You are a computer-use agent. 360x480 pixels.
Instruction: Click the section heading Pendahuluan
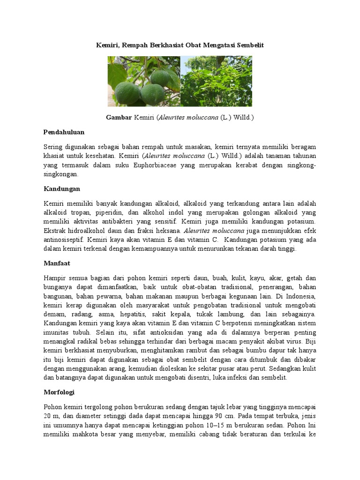64,132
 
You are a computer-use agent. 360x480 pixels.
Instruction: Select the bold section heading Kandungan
61,188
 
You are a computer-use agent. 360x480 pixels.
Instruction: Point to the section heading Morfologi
59,391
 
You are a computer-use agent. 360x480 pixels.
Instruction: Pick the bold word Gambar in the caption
119,117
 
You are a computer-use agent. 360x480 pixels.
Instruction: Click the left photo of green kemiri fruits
144,81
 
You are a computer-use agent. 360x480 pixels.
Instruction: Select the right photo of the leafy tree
216,81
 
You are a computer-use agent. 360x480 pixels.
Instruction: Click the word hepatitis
133,314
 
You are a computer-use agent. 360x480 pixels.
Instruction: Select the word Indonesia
299,296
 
